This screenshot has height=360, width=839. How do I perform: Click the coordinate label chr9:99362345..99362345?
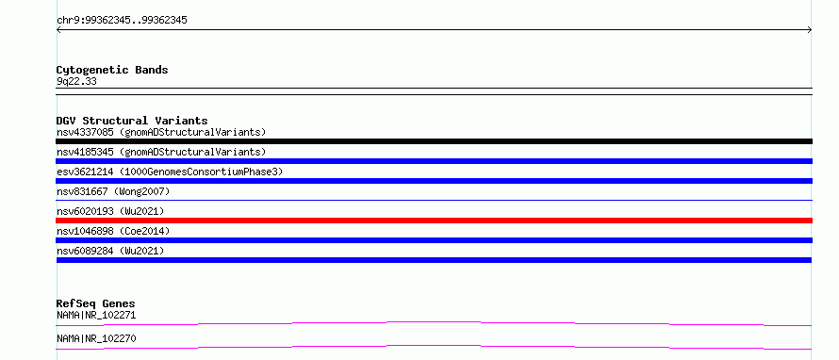click(122, 21)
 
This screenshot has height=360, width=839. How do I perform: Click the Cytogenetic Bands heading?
click(112, 70)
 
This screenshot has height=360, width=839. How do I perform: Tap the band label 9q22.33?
click(76, 82)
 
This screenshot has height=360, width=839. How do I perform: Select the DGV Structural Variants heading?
click(132, 121)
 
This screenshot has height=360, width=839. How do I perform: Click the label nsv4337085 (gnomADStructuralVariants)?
click(161, 132)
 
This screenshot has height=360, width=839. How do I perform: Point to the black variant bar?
click(434, 141)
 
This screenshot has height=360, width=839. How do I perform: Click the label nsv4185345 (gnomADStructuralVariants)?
click(161, 153)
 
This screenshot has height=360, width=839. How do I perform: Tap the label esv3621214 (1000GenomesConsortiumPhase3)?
click(170, 172)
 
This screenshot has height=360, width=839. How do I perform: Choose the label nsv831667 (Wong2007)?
click(113, 191)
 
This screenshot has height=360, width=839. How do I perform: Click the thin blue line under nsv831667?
click(434, 200)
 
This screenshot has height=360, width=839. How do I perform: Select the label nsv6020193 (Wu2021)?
click(110, 211)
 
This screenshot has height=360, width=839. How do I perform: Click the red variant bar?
click(434, 221)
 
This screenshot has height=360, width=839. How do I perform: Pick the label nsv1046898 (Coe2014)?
click(113, 231)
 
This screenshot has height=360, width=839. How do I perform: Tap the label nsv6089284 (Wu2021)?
click(110, 251)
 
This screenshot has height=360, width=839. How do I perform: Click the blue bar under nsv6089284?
click(434, 260)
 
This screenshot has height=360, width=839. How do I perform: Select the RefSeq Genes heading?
click(96, 303)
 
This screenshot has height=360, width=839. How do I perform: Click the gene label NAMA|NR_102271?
click(96, 316)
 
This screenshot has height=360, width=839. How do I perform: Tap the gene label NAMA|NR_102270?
click(96, 339)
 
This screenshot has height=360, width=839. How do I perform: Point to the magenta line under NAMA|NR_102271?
click(434, 323)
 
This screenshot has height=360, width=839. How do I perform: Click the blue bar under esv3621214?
click(434, 181)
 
